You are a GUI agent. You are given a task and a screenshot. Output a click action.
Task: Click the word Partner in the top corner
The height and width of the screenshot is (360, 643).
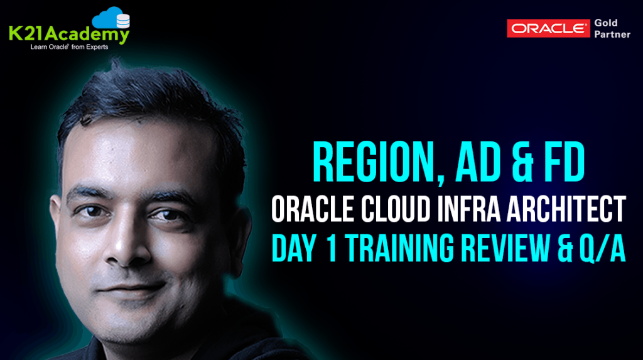point(612,35)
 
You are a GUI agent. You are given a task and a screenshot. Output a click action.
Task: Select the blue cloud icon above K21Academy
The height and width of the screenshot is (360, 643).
point(112,17)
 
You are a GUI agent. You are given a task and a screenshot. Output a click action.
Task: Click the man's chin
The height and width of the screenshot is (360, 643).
point(135,320)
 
